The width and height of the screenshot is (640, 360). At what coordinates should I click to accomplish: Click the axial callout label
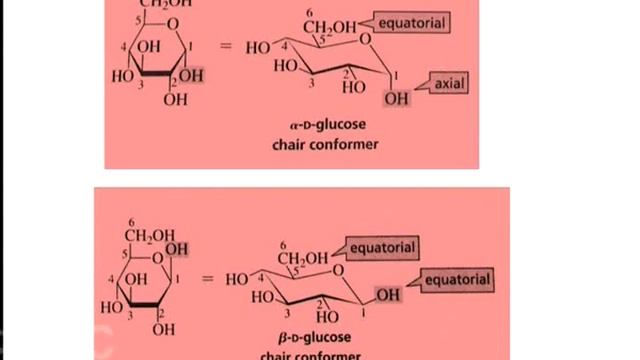click(x=449, y=85)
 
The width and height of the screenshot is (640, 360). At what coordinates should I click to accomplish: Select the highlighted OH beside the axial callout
click(x=396, y=98)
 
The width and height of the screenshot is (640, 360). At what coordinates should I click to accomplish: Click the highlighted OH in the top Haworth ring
click(x=192, y=75)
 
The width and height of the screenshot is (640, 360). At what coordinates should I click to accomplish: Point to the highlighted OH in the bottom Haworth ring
click(x=176, y=248)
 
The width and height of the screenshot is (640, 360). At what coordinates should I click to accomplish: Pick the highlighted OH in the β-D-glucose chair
click(x=389, y=295)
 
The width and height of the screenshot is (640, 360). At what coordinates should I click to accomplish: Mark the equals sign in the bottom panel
click(x=209, y=278)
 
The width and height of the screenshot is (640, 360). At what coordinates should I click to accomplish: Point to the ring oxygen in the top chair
click(x=367, y=41)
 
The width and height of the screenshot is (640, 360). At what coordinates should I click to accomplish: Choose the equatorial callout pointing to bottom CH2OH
click(x=380, y=246)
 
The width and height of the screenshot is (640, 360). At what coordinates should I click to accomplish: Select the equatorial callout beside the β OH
click(x=458, y=280)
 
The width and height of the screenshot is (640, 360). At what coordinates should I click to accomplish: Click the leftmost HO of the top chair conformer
click(x=258, y=47)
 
